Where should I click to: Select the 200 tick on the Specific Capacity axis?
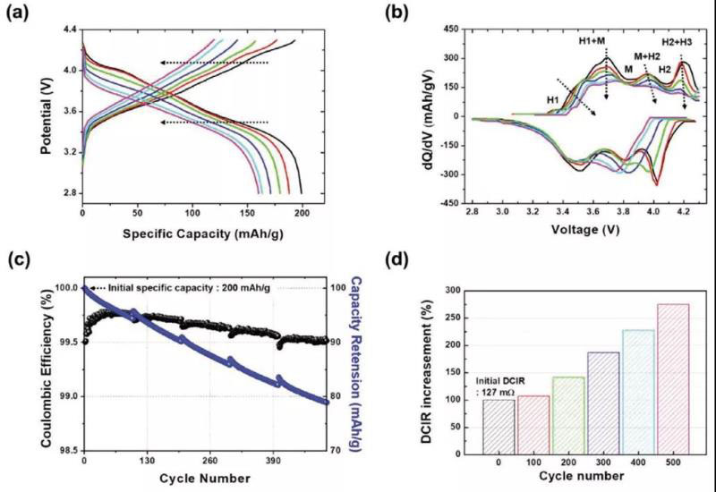303,212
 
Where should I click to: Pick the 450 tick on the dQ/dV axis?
454,29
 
